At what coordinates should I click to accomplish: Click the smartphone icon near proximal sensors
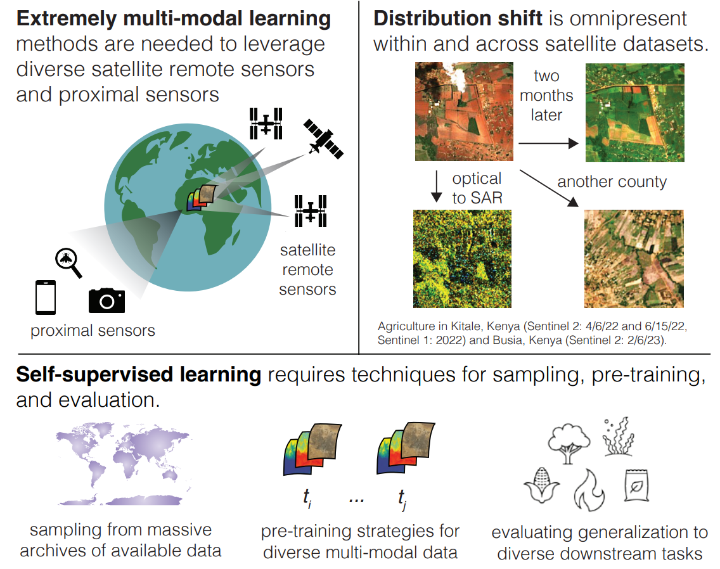click(46, 297)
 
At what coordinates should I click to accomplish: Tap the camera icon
click(106, 300)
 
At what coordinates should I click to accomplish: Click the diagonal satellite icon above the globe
click(323, 138)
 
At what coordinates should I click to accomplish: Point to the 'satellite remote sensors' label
click(307, 270)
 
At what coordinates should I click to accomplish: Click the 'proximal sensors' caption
click(93, 330)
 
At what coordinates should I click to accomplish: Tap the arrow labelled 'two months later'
click(548, 144)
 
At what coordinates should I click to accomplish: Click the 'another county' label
click(612, 182)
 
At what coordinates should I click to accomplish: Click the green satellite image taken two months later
click(634, 112)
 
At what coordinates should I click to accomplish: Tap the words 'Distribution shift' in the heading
click(458, 18)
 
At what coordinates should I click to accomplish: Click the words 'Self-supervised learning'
click(139, 375)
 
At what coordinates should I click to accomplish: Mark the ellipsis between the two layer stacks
click(356, 499)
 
